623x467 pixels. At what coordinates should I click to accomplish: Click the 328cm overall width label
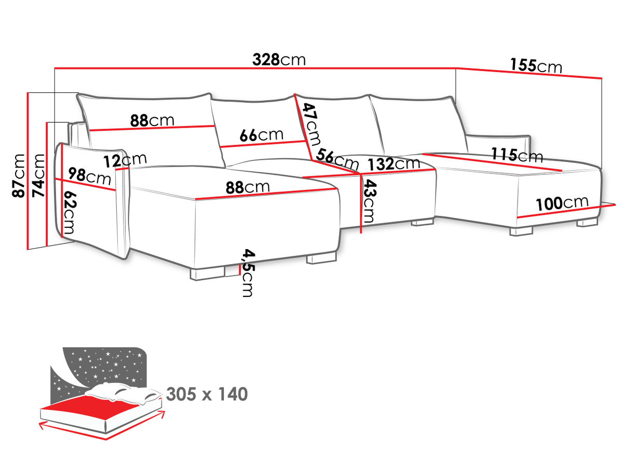pyautogui.click(x=279, y=60)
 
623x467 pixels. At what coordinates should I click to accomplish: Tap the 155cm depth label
pyautogui.click(x=536, y=66)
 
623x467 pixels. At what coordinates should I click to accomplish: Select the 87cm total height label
pyautogui.click(x=19, y=176)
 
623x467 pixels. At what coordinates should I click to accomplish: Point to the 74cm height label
pyautogui.click(x=38, y=176)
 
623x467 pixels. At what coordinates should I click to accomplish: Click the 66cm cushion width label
pyautogui.click(x=262, y=135)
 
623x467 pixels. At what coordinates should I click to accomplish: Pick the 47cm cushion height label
pyautogui.click(x=311, y=124)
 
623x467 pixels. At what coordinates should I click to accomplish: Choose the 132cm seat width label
pyautogui.click(x=394, y=163)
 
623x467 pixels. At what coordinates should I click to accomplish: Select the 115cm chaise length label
pyautogui.click(x=517, y=155)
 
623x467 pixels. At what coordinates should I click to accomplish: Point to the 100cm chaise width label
pyautogui.click(x=562, y=203)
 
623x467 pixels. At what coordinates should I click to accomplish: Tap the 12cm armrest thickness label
pyautogui.click(x=125, y=161)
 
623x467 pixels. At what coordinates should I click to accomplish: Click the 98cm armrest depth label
pyautogui.click(x=89, y=176)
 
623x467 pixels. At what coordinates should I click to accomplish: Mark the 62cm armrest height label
pyautogui.click(x=70, y=212)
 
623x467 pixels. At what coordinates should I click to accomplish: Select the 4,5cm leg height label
pyautogui.click(x=248, y=273)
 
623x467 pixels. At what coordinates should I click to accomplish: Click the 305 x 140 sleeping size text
pyautogui.click(x=207, y=394)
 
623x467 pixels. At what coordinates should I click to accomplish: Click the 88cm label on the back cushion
pyautogui.click(x=152, y=120)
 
